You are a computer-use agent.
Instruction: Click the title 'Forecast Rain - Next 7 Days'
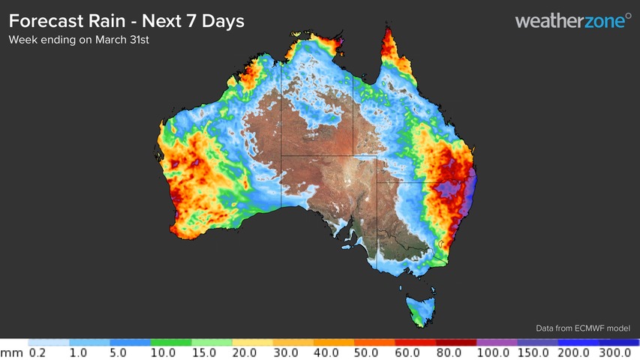(x=126, y=21)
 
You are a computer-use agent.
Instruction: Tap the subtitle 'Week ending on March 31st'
(x=79, y=40)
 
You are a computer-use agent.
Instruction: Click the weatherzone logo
(x=573, y=21)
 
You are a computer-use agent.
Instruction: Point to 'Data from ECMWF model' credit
(x=582, y=328)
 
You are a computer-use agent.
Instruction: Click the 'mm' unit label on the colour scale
(x=10, y=352)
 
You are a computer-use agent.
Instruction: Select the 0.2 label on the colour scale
(x=38, y=352)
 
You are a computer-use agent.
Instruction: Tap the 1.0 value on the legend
(x=79, y=352)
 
